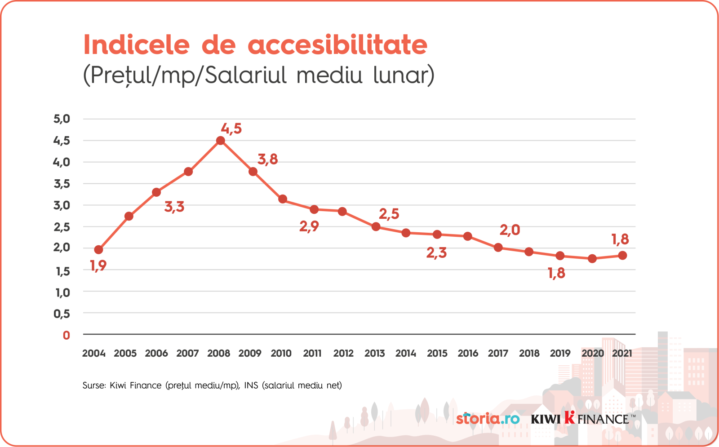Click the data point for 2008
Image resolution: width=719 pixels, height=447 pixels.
(220, 141)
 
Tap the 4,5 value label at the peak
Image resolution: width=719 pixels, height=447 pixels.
(231, 129)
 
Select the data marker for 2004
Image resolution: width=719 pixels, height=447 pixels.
(98, 250)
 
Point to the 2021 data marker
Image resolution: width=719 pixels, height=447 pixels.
(622, 255)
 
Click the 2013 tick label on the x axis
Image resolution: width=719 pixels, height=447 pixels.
(374, 354)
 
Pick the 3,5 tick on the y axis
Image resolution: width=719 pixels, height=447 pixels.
(62, 184)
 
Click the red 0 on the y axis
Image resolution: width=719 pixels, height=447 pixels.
(67, 335)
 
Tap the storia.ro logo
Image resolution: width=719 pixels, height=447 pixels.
(488, 419)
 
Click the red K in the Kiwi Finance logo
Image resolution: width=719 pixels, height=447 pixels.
(569, 417)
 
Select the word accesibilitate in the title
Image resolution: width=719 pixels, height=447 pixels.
(337, 45)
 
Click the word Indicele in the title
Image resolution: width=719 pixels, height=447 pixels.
(137, 45)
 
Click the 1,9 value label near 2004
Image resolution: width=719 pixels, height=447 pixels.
(98, 266)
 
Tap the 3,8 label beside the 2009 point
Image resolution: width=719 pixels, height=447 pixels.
(267, 159)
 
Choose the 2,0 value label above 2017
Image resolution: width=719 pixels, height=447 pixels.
(510, 230)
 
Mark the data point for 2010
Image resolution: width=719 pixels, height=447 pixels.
(283, 199)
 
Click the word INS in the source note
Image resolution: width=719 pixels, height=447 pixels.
(251, 385)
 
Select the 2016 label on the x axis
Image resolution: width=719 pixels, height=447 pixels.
(468, 354)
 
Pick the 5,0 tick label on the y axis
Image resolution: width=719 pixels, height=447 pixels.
(62, 119)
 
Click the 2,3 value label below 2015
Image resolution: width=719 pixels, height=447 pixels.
(436, 253)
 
